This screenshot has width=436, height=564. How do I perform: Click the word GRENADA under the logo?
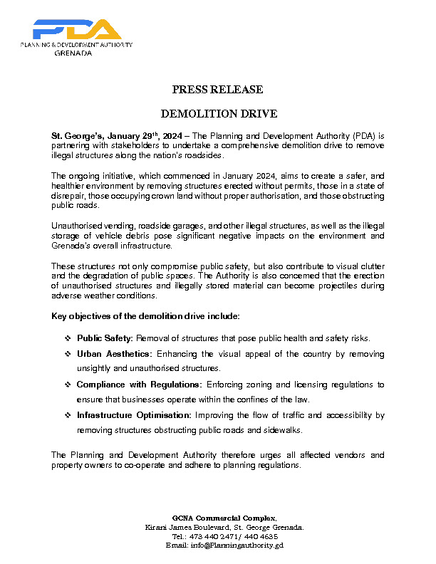[x=73, y=53]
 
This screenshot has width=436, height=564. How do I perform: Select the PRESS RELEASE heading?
[x=218, y=90]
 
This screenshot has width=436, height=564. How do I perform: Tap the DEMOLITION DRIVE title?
[x=218, y=114]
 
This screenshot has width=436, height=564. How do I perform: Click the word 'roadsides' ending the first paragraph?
[x=202, y=155]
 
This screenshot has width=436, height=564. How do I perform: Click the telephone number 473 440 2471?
[x=207, y=536]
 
